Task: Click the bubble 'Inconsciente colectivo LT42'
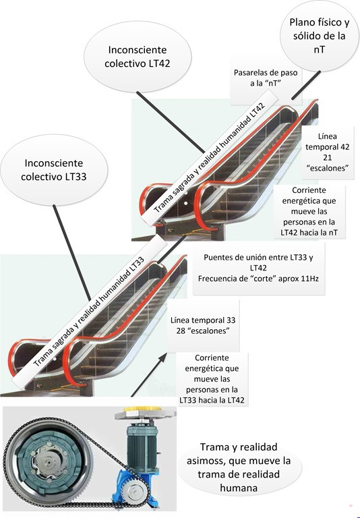pos(138,57)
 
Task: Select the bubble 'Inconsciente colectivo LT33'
pos(54,170)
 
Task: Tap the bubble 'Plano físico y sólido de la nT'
pos(320,36)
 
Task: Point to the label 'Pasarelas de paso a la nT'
pos(266,78)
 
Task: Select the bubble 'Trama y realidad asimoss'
pos(239,467)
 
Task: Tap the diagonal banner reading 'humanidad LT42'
pos(210,158)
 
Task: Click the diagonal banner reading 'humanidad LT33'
pos(89,312)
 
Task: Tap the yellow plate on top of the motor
pos(144,409)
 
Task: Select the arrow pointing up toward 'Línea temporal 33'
pos(149,374)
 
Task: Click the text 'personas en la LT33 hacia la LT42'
pos(212,395)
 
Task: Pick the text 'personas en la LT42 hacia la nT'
pos(309,227)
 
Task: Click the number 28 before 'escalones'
pos(181,330)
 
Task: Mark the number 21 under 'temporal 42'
pos(327,157)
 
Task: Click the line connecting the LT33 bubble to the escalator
pos(71,253)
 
